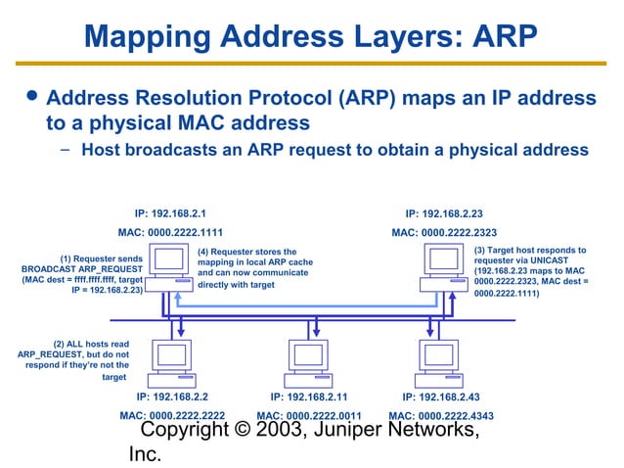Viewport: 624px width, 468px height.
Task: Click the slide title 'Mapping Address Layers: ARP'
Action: click(x=311, y=36)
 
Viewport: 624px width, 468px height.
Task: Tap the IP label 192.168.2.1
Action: click(x=170, y=212)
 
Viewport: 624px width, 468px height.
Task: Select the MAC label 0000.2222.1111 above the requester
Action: click(x=171, y=232)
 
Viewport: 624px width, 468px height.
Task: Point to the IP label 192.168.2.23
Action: click(x=444, y=212)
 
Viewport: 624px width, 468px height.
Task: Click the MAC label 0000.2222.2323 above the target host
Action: click(x=444, y=232)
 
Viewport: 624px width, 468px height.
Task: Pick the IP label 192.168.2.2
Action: click(x=172, y=397)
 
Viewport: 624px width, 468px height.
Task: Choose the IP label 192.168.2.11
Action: click(x=309, y=397)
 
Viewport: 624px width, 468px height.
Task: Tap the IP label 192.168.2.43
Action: click(x=441, y=397)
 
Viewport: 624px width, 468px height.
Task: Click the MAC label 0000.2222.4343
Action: click(x=441, y=415)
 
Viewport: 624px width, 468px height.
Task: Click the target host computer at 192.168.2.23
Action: click(x=444, y=267)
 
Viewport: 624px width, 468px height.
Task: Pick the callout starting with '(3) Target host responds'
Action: click(x=530, y=271)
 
